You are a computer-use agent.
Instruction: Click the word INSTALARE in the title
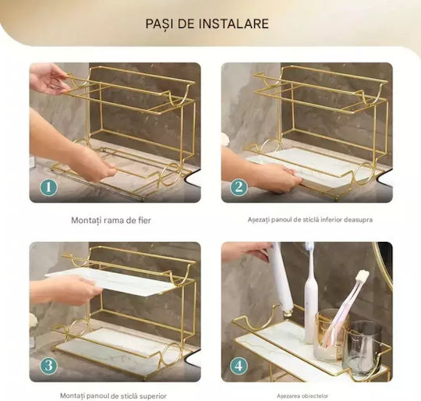pos(234,23)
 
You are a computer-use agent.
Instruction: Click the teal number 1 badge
pos(48,187)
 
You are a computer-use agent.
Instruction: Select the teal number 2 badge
pos(239,187)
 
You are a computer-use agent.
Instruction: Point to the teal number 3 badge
pos(48,366)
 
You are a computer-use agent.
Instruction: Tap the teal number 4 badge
pos(239,366)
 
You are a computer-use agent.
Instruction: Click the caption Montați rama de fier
pos(111,221)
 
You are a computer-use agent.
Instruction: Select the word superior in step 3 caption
pos(153,396)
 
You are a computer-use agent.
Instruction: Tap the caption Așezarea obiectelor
pos(302,396)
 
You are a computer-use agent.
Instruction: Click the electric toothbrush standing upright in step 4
pos(310,293)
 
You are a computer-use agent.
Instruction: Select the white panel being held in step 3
pos(110,282)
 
